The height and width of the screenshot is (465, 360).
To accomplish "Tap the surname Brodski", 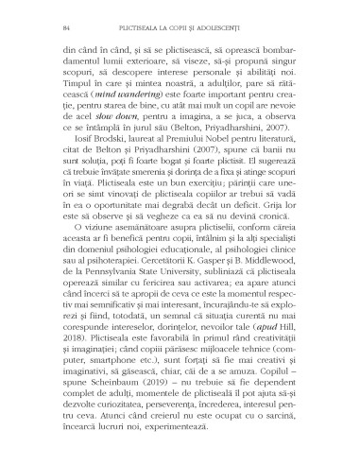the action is click(x=110, y=177).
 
